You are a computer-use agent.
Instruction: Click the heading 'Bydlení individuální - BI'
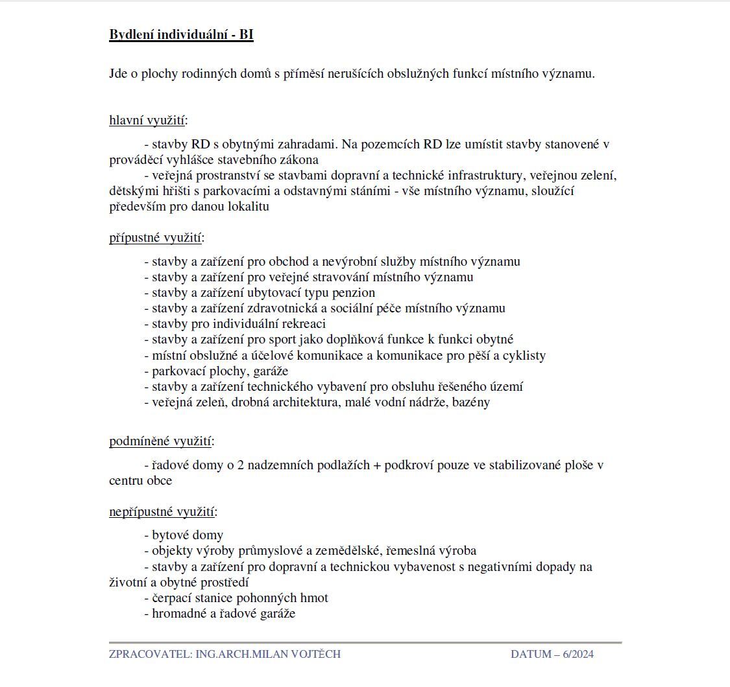[x=181, y=35]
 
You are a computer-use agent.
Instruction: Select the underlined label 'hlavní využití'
[x=147, y=120]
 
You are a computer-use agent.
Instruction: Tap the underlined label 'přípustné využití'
[x=155, y=237]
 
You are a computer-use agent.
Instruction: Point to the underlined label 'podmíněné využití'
[x=160, y=441]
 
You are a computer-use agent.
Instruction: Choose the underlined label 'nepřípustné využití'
[x=162, y=512]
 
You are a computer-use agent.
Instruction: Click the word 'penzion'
[x=354, y=292]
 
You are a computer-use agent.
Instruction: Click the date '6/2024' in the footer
[x=578, y=654]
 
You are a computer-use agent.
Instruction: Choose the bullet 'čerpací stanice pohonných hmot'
[x=239, y=598]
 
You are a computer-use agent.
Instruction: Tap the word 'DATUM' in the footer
[x=531, y=654]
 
